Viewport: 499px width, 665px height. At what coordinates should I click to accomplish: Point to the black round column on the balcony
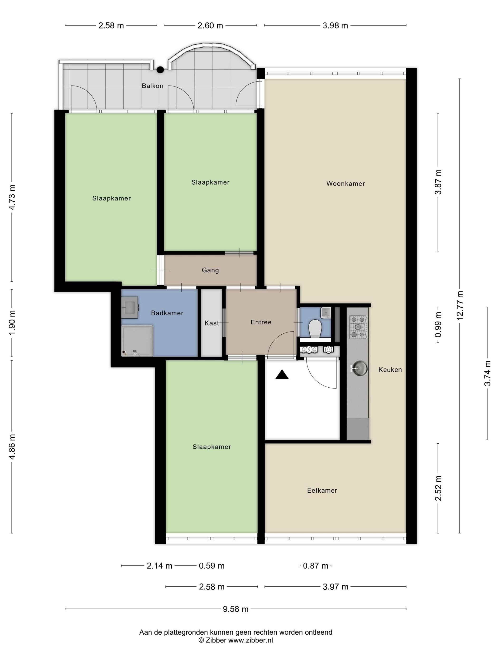pos(160,70)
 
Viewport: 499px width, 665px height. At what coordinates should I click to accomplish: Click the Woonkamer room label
pos(345,183)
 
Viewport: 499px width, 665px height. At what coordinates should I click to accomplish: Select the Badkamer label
pos(167,313)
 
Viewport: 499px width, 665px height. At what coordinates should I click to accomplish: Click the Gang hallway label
pos(210,270)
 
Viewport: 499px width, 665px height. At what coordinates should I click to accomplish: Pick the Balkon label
pos(153,86)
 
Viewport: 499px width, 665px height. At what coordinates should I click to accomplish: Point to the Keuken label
pos(390,370)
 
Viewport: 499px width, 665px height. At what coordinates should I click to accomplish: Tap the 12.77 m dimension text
pos(460,306)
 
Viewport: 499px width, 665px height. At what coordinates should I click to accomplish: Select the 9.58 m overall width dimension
pos(236,609)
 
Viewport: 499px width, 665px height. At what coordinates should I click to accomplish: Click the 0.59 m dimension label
pos(212,566)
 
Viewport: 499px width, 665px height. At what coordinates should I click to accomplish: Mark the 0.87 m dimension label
pos(316,566)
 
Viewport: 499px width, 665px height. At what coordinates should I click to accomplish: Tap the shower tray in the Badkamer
pos(137,341)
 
